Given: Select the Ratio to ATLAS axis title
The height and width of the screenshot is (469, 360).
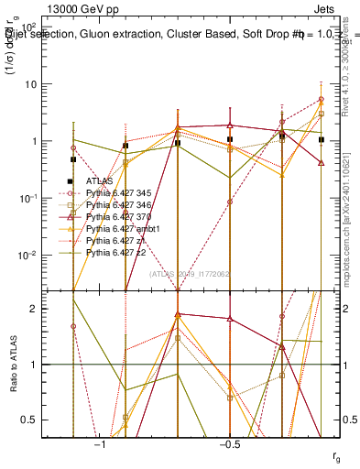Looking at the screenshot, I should click(x=14, y=365).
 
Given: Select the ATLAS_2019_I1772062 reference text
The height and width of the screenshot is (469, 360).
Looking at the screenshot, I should click(x=188, y=273).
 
